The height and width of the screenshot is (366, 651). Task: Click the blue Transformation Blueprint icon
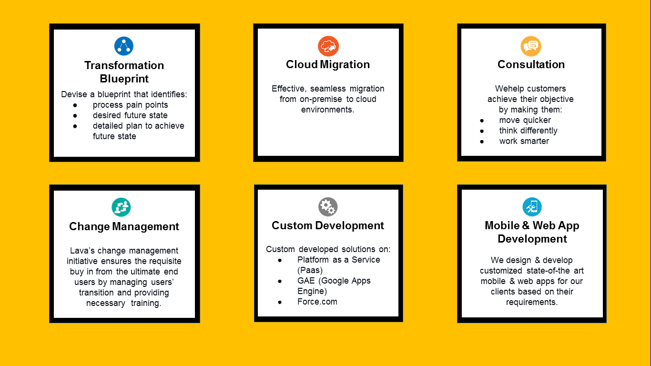(x=124, y=46)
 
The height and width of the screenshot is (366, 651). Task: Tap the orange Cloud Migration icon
(x=328, y=46)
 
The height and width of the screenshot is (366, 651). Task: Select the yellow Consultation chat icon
(x=531, y=46)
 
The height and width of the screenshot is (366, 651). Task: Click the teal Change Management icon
(x=121, y=207)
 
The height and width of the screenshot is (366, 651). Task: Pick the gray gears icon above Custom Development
(x=328, y=207)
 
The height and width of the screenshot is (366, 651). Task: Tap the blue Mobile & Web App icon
(x=532, y=207)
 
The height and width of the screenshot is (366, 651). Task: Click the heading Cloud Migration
(x=328, y=65)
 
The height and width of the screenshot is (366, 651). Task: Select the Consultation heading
(x=531, y=65)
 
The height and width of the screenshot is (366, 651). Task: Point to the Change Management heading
(x=124, y=226)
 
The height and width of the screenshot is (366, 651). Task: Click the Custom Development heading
(x=328, y=225)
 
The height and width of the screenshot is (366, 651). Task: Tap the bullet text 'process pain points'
(x=130, y=105)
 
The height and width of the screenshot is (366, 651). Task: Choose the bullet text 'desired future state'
(x=130, y=115)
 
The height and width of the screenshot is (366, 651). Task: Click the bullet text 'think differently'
(x=528, y=131)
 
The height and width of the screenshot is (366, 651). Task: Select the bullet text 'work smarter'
(x=524, y=141)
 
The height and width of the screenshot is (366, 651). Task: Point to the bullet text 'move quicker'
(x=525, y=120)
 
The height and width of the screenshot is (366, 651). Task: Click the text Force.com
(x=317, y=302)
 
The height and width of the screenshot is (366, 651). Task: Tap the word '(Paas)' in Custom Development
(x=310, y=270)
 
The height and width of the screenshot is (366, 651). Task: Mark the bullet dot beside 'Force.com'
(x=280, y=302)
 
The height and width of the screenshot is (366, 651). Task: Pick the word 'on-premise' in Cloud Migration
(x=317, y=99)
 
